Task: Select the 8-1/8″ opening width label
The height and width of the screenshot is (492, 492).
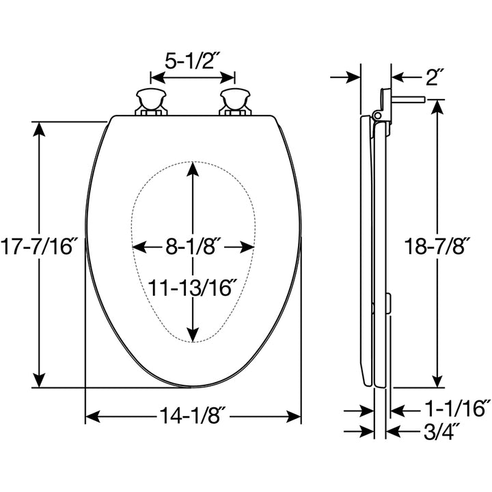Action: point(194,247)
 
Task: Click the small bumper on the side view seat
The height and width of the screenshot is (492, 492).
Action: point(388,301)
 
